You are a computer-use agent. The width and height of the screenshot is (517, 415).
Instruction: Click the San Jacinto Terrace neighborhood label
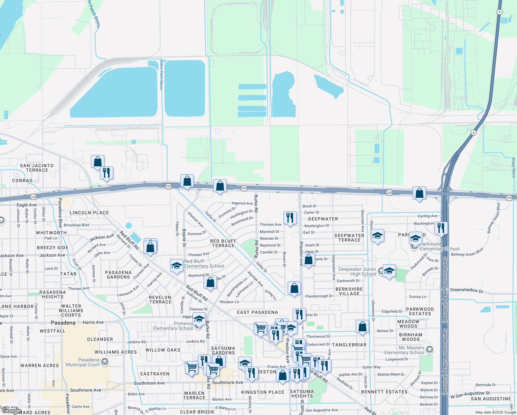tap(37, 168)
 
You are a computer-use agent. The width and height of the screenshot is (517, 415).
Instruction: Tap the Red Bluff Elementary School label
tap(204, 264)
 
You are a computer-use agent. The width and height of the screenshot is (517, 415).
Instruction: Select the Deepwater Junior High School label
tap(357, 271)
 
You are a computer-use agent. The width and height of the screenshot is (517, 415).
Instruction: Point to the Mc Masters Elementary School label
tap(404, 350)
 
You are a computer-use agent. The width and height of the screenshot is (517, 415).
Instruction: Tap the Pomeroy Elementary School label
tap(173, 326)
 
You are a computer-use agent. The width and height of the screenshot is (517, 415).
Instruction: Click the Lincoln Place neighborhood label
tap(89, 213)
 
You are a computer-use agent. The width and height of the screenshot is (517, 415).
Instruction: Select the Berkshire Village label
tap(349, 291)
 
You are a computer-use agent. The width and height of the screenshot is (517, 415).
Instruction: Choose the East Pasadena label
tap(257, 312)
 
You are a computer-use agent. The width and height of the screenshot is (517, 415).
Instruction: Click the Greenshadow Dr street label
tap(467, 290)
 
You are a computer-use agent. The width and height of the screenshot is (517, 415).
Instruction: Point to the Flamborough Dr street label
tap(319, 296)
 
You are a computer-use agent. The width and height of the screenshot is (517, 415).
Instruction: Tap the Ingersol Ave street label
tap(242, 203)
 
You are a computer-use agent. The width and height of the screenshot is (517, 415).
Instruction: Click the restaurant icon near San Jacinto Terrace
tap(106, 173)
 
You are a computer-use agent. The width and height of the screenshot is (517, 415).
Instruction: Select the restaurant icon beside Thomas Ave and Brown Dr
tap(290, 218)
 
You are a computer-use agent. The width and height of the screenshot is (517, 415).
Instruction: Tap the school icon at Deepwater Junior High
tap(389, 271)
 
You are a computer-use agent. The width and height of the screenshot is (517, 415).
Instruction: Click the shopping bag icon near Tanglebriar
tap(363, 326)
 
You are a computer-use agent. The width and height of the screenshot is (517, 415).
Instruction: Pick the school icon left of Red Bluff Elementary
tap(177, 266)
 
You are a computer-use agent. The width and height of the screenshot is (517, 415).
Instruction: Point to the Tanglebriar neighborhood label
tap(349, 345)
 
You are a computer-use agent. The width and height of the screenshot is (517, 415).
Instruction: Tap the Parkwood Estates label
tap(420, 311)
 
